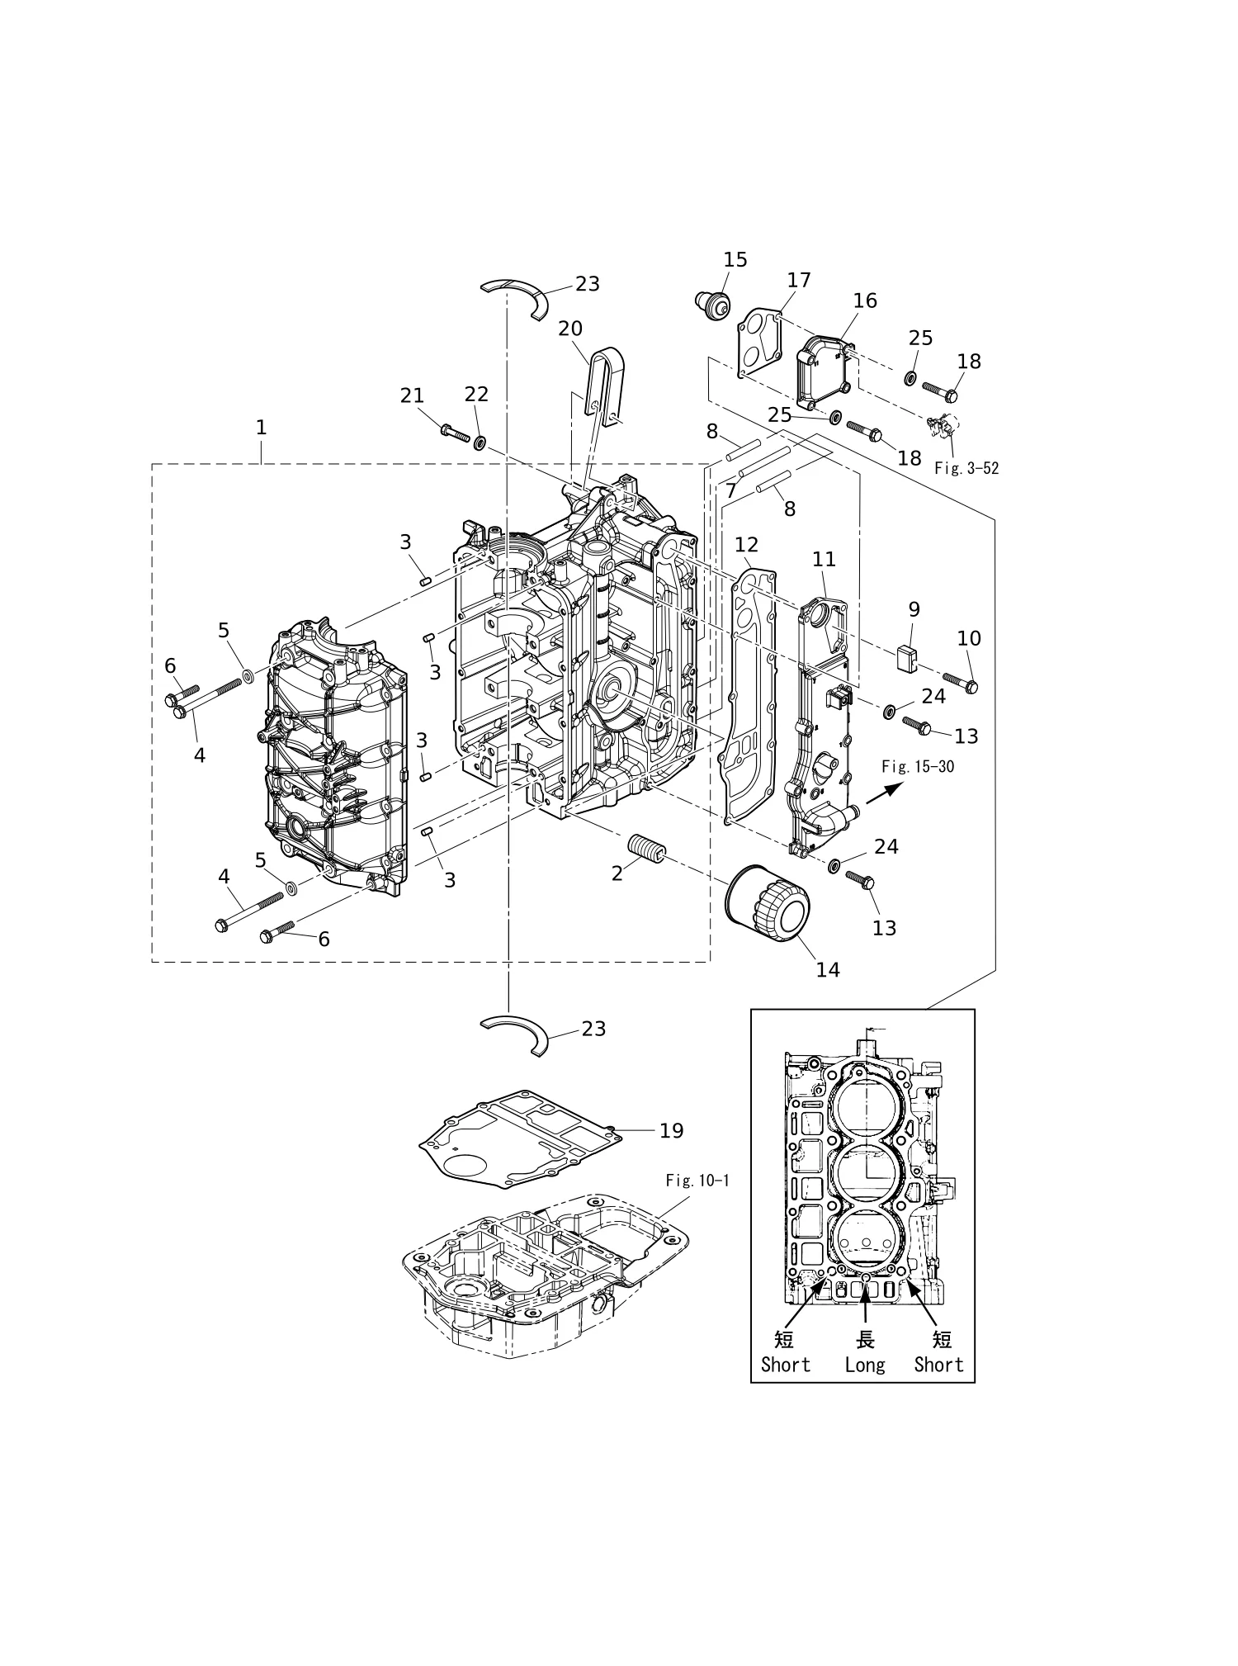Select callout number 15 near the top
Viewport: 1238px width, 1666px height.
[x=735, y=259]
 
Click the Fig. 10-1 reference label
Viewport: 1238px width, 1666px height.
[x=697, y=1180]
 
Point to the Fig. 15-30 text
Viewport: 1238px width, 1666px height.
[x=918, y=766]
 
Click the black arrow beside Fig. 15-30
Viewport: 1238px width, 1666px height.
[x=884, y=793]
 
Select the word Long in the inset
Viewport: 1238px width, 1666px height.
[x=864, y=1365]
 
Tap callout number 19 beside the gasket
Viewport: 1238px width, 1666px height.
[x=672, y=1130]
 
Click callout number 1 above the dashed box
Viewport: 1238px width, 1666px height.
[x=261, y=427]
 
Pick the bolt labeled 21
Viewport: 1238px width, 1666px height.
[x=456, y=433]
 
